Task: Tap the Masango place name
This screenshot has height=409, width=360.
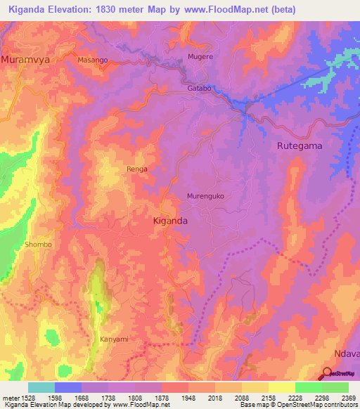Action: [x=93, y=60]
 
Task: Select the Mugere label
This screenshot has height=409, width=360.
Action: [x=200, y=56]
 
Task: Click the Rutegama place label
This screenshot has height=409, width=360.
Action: [x=298, y=145]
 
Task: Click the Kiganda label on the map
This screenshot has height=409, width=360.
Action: [x=170, y=221]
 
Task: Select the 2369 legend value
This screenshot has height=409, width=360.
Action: [x=348, y=397]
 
